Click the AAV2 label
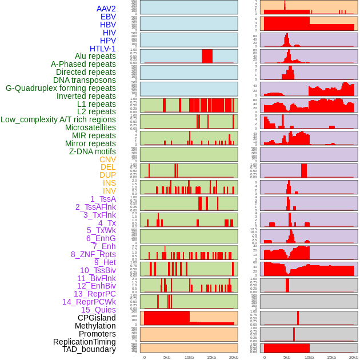point(106,9)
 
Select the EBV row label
point(108,17)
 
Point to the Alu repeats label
point(95,56)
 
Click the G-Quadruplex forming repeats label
point(61,88)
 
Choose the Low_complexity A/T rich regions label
point(58,119)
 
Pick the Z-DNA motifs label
point(92,151)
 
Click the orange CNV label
point(107,159)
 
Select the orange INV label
point(109,191)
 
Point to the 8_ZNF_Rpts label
point(93,254)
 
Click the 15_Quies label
point(98,310)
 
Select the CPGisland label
point(97,318)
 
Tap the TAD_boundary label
point(89,349)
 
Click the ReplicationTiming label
point(84,342)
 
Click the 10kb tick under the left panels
point(189,357)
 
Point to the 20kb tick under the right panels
point(354,357)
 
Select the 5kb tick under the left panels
point(167,357)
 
